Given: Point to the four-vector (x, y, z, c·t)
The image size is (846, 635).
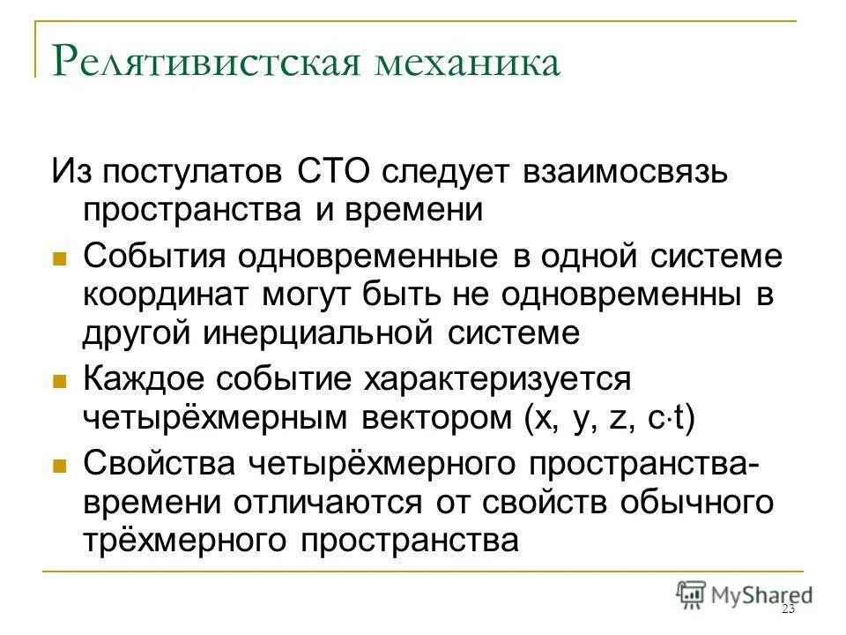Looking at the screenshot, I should click(x=607, y=417).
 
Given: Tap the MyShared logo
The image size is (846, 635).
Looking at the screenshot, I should click(x=745, y=594).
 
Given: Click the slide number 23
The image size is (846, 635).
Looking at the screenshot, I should click(x=788, y=609).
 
